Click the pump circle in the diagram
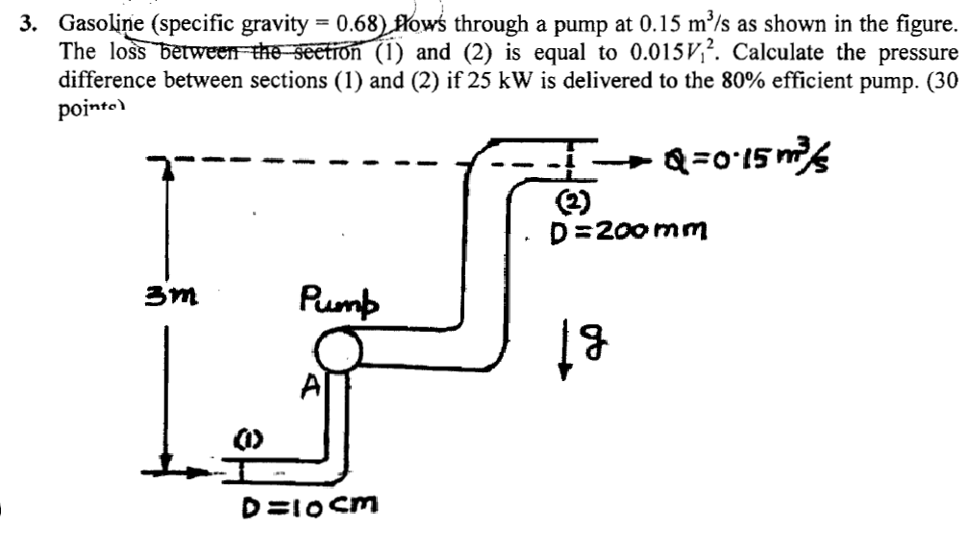[334, 350]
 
